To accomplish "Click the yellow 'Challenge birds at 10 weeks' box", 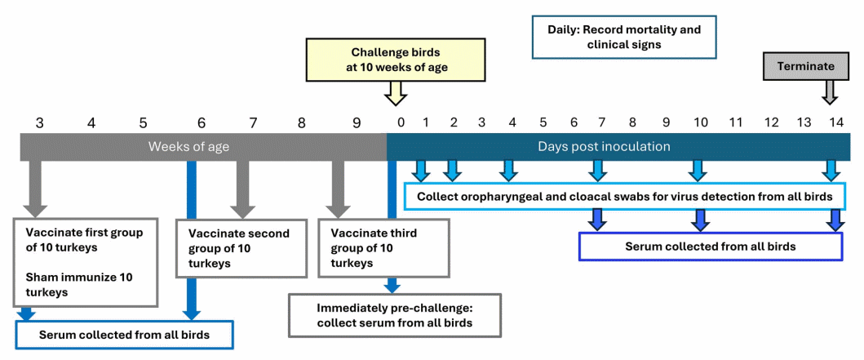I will point(400,60).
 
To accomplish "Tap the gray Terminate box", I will point(805,66).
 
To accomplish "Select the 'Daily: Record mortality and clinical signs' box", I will point(624,37).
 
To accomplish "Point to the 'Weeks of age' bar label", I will point(188,147).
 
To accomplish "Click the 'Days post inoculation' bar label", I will point(604,147).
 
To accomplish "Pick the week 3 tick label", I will point(39,122).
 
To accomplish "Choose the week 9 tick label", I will point(356,122).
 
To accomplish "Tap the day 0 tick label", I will point(401,122).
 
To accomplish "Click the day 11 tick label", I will point(735,122).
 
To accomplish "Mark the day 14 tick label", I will point(836,122).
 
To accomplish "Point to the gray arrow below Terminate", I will point(830,91).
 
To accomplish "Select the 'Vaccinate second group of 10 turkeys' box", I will point(241,248).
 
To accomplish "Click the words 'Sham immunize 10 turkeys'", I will point(78,285).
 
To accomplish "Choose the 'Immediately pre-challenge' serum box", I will point(396,315).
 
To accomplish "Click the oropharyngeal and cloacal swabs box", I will point(624,197).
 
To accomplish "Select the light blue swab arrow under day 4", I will point(508,170).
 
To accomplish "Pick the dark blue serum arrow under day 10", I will point(699,220).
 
